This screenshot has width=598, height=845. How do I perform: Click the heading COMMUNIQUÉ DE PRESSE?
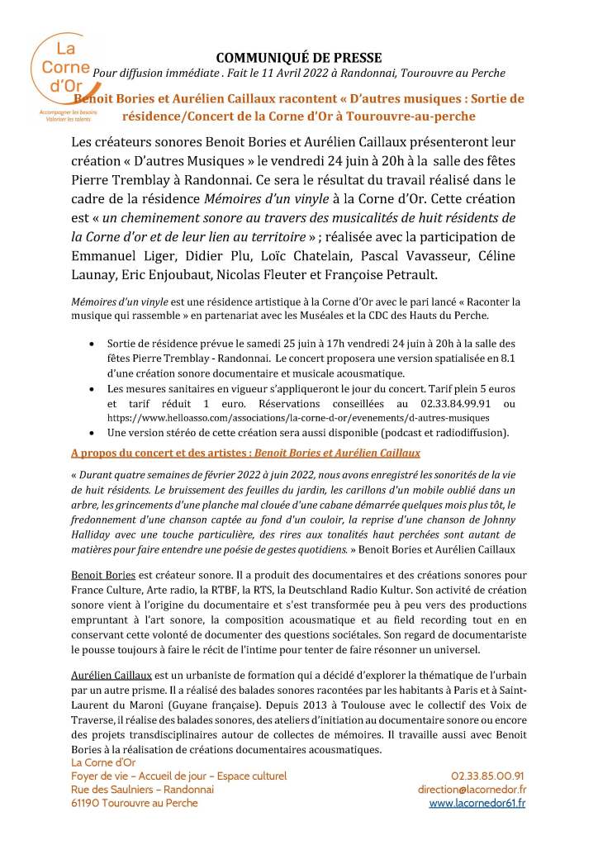tap(298, 57)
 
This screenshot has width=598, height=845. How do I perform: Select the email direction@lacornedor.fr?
tap(471, 790)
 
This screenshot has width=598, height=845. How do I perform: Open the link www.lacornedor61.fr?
tap(477, 803)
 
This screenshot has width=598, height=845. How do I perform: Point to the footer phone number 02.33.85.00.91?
tap(487, 776)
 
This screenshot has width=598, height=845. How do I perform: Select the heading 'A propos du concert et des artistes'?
tap(161, 453)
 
